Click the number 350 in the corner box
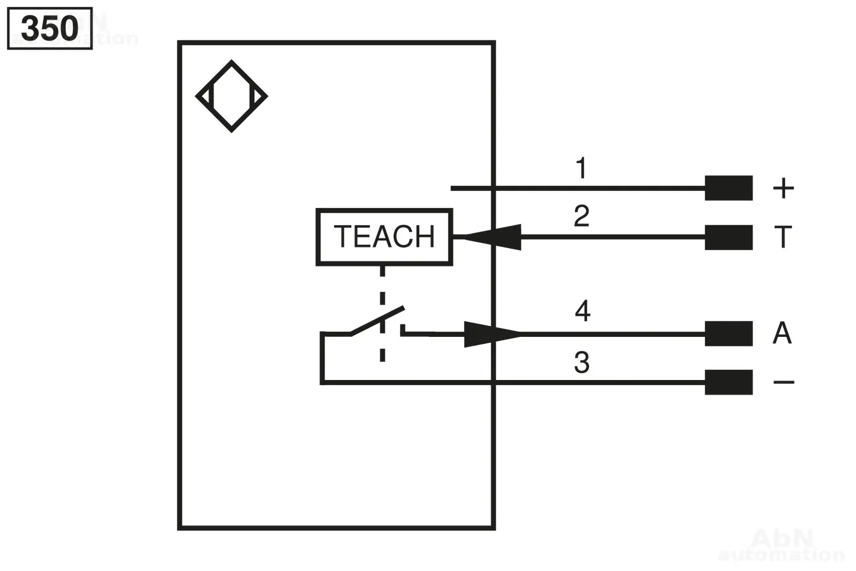click(49, 29)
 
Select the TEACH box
click(384, 237)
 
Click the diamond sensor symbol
click(231, 96)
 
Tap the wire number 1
click(581, 169)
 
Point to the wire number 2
click(581, 216)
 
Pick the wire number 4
click(582, 311)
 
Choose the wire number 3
click(581, 362)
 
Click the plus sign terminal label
click(783, 188)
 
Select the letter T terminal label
click(783, 237)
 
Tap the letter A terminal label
click(782, 333)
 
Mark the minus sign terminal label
click(784, 382)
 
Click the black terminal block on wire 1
click(729, 188)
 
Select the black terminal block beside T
click(729, 237)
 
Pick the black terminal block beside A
click(729, 334)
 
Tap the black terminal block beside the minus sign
click(729, 382)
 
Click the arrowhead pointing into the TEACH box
click(491, 237)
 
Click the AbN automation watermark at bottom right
click(781, 546)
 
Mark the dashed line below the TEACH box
click(382, 314)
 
